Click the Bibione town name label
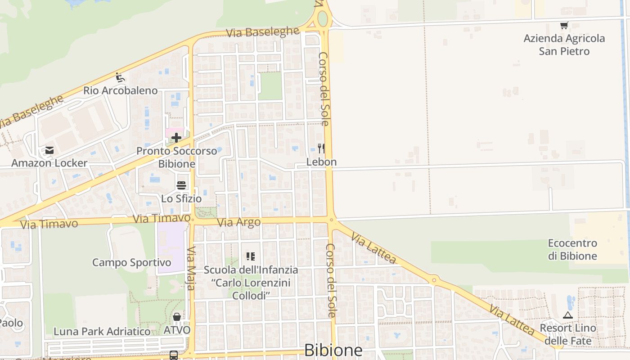[333, 350]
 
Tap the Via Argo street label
[238, 222]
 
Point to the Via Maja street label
[191, 268]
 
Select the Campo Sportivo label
[131, 262]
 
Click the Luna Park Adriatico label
[102, 332]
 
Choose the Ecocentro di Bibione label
[572, 250]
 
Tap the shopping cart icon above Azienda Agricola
[564, 26]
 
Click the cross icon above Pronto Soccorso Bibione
[176, 138]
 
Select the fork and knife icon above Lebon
[321, 148]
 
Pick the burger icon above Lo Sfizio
[181, 185]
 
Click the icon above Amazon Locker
[49, 150]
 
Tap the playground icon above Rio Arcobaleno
[120, 77]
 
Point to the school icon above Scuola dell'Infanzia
[251, 256]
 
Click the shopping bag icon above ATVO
[177, 317]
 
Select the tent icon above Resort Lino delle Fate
[568, 315]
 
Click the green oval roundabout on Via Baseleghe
[323, 18]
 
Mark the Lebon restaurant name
[321, 162]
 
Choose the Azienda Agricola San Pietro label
[564, 45]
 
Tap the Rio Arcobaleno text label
[121, 90]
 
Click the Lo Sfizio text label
[181, 198]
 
